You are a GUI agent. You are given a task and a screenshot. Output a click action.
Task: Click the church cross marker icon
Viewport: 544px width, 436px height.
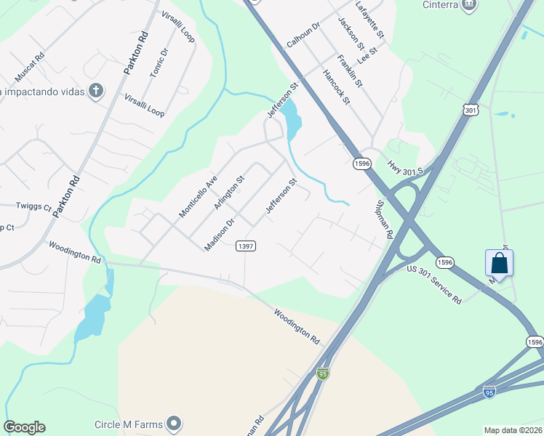pos(95,91)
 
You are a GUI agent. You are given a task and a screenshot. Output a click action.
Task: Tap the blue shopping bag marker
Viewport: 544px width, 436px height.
pos(499,262)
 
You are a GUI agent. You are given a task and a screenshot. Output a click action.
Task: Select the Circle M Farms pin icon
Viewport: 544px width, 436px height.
pos(174,422)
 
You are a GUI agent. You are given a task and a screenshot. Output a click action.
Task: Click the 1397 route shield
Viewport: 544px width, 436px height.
pos(246,246)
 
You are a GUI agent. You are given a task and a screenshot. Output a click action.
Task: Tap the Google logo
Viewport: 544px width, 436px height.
pos(24,427)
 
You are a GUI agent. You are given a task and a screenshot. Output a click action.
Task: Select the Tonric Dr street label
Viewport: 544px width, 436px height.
pos(159,62)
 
